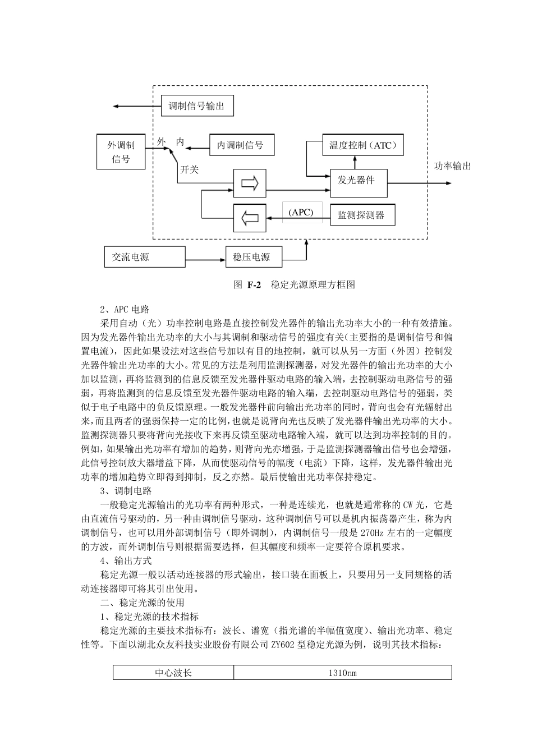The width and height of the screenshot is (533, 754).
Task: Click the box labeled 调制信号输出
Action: pos(196,106)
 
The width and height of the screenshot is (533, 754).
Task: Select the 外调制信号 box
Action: pos(121,151)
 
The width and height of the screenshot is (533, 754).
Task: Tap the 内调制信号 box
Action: pos(241,145)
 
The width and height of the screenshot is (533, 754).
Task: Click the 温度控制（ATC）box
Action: pos(363,145)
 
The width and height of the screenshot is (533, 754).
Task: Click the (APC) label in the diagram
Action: pos(301,213)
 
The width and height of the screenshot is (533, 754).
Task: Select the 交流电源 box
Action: pos(145,257)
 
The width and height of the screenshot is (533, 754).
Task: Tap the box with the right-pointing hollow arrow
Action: pos(250,183)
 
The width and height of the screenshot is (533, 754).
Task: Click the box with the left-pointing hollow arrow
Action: pos(250,218)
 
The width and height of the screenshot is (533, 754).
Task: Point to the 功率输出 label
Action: pos(452,166)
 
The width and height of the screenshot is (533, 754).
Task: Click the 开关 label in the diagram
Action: pos(189,169)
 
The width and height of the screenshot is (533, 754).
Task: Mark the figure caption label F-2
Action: pos(254,284)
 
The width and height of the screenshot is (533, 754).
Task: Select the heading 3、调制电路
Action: pos(126,491)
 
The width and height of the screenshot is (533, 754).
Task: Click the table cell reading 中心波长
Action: pos(173,673)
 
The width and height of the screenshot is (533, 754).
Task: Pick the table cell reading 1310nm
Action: pos(342,673)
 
